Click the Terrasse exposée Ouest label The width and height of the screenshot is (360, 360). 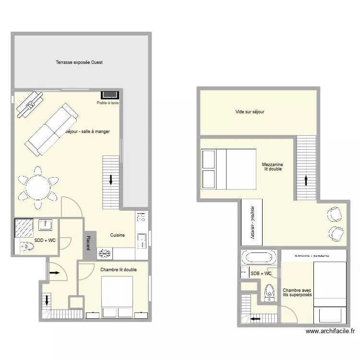click(x=79, y=62)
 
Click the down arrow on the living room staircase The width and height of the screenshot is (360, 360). click(x=111, y=180)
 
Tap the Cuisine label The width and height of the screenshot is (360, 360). click(x=118, y=235)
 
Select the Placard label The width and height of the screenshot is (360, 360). click(x=88, y=242)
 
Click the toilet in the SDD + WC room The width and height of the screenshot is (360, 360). click(x=28, y=247)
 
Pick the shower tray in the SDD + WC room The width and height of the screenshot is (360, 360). click(x=23, y=227)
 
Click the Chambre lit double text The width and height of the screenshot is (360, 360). click(x=118, y=270)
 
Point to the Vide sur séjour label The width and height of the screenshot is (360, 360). click(x=250, y=112)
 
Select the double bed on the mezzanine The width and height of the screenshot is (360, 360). click(x=228, y=168)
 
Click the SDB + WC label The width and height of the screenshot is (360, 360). click(x=261, y=274)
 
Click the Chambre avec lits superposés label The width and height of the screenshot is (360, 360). click(x=297, y=292)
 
